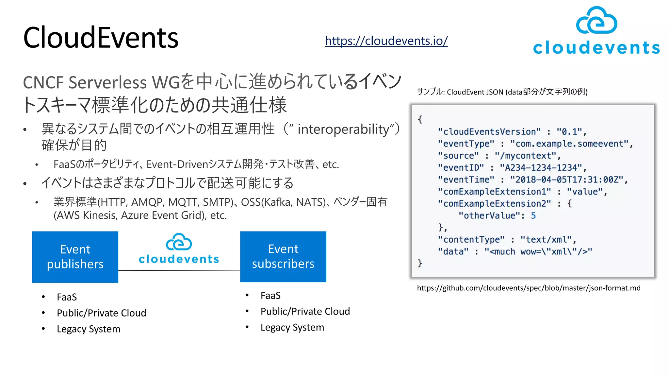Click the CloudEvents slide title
101,38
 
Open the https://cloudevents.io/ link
386,41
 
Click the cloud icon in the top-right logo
596,21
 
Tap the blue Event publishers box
75,257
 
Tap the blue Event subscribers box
283,257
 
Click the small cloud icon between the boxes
179,242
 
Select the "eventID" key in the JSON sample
461,168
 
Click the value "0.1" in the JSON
569,132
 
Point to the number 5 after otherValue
533,216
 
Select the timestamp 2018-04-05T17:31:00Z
567,180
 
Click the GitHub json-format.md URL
528,288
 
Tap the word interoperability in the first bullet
343,129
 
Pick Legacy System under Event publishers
89,329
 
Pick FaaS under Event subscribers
270,296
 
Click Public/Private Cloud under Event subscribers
305,312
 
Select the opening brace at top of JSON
420,119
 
